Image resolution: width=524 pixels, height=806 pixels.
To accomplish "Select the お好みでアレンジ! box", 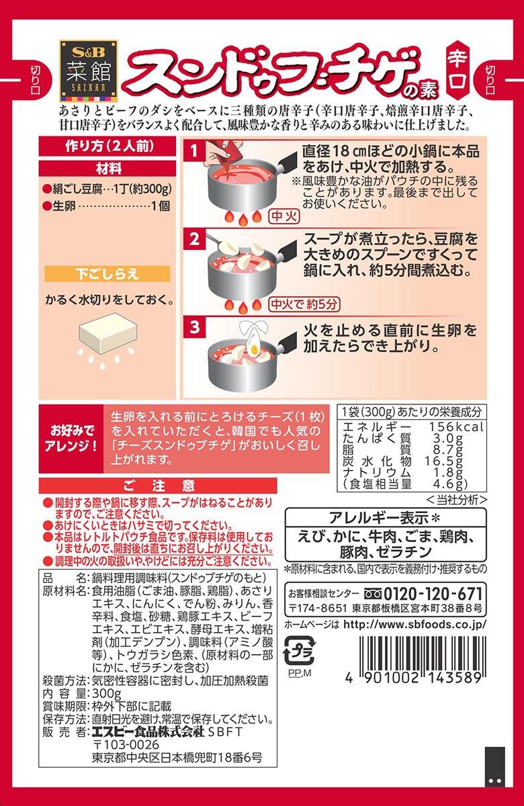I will (x=71, y=437).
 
